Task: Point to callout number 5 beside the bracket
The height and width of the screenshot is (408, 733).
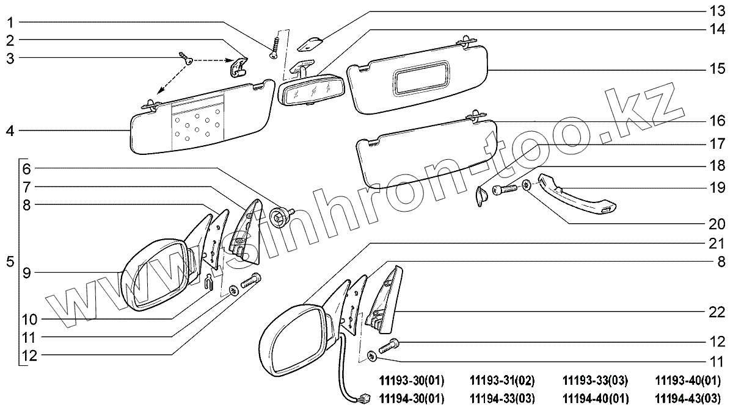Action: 9,263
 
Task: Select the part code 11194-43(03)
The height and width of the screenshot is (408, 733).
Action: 687,398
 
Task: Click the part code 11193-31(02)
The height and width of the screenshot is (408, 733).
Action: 502,381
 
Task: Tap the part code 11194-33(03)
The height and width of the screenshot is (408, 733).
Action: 502,398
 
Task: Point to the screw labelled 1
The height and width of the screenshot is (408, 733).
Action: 275,47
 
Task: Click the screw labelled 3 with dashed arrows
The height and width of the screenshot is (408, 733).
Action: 186,57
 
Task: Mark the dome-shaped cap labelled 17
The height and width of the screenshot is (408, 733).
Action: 481,196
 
